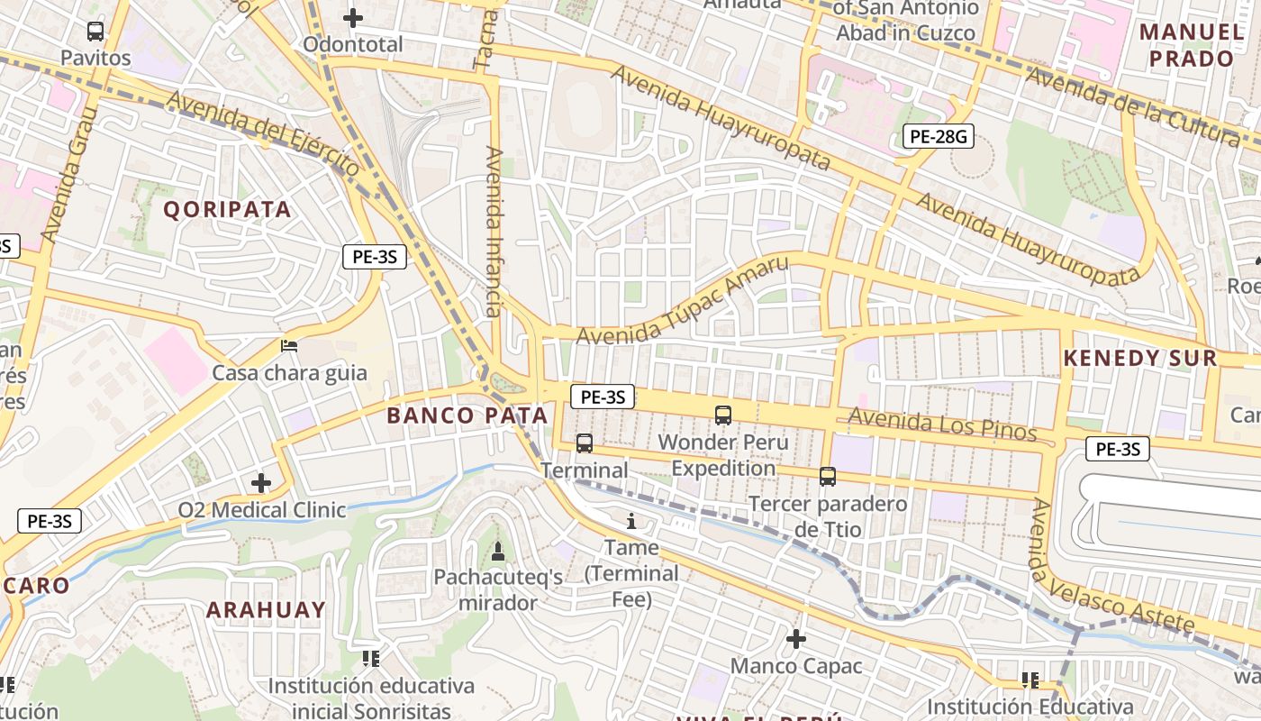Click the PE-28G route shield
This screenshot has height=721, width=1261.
coord(938,137)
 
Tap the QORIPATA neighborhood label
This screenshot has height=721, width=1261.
coord(227,210)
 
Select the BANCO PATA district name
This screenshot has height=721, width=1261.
coord(467,415)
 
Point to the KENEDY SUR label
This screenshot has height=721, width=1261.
coord(1139,358)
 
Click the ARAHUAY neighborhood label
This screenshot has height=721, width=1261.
coord(266,610)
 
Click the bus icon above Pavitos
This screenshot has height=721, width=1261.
coord(95,32)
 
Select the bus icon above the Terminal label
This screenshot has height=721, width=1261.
coord(585,443)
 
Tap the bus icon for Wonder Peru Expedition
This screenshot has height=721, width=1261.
coord(722,415)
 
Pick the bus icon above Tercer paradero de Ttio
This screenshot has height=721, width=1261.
coord(828,477)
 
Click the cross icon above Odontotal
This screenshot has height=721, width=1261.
coord(353,17)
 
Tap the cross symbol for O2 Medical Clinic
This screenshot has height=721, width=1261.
coord(261,483)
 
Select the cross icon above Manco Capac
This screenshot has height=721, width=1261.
coord(795,639)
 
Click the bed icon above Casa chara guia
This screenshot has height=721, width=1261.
coord(289,345)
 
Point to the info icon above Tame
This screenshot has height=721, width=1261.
coord(630,521)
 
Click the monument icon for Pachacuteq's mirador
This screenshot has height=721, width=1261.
coord(497,551)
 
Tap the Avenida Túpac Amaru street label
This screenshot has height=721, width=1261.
coord(682,301)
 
